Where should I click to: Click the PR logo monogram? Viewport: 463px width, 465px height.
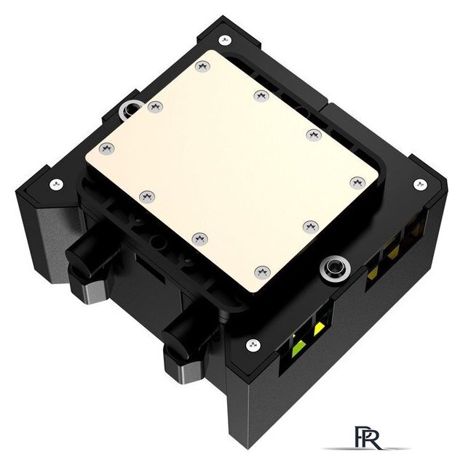coord(367,437)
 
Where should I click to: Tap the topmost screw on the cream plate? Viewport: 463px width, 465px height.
coord(202,66)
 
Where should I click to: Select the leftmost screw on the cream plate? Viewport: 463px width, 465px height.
coord(107,148)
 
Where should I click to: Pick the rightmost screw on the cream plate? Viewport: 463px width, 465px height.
coord(357,182)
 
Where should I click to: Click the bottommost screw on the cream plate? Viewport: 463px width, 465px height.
coord(262,272)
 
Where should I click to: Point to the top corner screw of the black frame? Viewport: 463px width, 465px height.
coord(225,40)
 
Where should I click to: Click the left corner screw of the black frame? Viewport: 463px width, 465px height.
coord(56,185)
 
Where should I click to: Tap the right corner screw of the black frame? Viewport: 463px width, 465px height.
coord(420,185)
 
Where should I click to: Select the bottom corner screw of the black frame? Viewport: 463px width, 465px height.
coord(253,345)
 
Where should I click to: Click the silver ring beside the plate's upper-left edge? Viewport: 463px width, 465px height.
coord(128,110)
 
